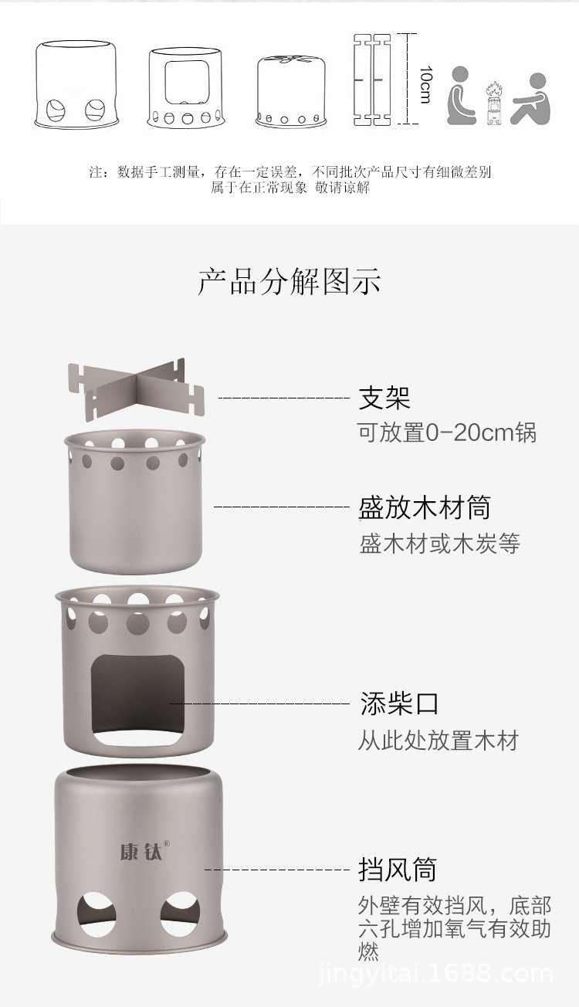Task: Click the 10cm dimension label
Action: click(x=426, y=84)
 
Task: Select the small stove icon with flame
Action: click(x=494, y=103)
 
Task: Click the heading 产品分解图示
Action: click(x=289, y=282)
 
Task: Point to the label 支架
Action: click(x=384, y=398)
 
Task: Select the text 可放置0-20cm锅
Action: click(x=447, y=432)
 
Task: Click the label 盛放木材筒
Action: click(x=425, y=507)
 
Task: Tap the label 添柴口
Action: click(x=399, y=704)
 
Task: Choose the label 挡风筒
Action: click(x=398, y=869)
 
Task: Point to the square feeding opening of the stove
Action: click(x=137, y=700)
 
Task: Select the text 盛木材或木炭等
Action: click(x=439, y=543)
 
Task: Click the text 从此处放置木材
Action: click(x=438, y=741)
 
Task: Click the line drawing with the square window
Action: click(x=186, y=87)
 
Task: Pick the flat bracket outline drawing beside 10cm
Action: click(x=373, y=79)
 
